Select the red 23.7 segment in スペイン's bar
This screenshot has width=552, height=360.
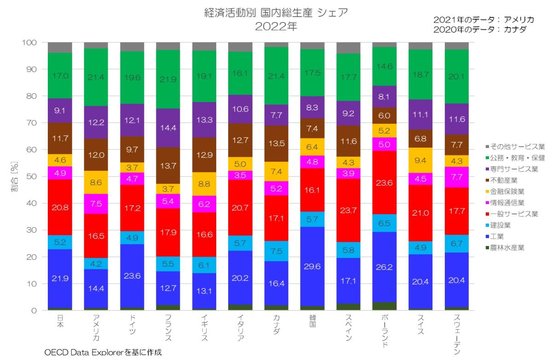tap(348, 210)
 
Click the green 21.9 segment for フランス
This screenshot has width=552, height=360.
tap(168, 79)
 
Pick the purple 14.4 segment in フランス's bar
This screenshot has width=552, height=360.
tap(168, 128)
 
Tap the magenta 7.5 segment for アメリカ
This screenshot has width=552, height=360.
tap(96, 204)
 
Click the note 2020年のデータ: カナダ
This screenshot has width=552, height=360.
tap(480, 29)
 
